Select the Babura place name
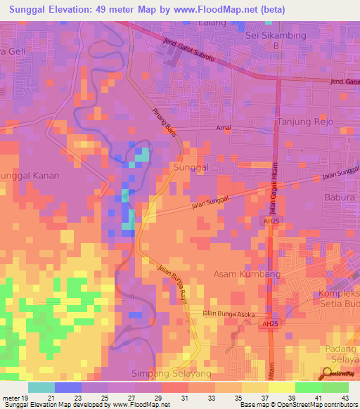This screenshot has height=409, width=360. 340,197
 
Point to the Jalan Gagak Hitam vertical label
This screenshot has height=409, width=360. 271,186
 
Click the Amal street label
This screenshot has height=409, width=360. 224,129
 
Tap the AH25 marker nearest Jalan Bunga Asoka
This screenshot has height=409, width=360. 268,324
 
